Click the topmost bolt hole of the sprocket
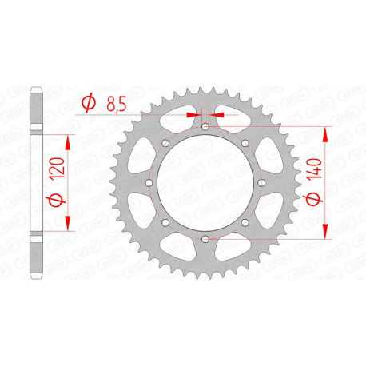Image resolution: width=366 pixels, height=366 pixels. point(205,126)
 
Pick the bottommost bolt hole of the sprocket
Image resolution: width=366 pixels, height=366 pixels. point(205,238)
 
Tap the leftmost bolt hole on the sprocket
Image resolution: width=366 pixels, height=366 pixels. point(149,182)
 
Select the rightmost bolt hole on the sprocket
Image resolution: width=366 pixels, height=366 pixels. point(261,182)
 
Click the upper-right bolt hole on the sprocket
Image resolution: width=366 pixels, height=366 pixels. point(244,143)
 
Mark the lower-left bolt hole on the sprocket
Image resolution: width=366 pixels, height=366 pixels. point(165,222)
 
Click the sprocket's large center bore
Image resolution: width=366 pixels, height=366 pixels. point(205,182)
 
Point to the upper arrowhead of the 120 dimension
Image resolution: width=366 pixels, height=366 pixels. point(67,140)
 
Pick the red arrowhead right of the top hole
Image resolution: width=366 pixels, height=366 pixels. point(217,113)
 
